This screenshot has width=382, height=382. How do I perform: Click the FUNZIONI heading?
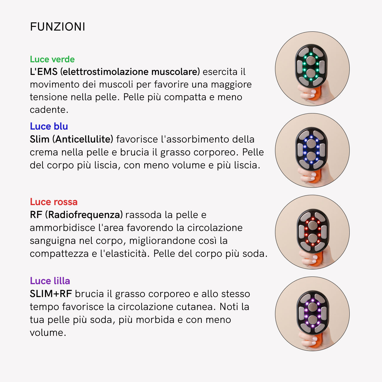[x=58, y=26]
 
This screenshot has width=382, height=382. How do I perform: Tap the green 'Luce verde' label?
[x=52, y=59]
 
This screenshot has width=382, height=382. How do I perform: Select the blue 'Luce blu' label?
[x=49, y=126]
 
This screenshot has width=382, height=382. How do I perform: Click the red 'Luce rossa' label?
[x=53, y=202]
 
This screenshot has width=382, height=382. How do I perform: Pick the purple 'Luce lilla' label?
[x=50, y=281]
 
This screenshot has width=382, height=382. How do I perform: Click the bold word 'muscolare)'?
[x=175, y=72]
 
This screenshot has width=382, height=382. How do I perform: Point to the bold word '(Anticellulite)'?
[x=83, y=139]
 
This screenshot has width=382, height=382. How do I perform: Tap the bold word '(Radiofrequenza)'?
[x=84, y=215]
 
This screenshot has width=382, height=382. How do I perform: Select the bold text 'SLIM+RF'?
[x=51, y=294]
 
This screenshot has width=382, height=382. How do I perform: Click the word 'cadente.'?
[x=49, y=110]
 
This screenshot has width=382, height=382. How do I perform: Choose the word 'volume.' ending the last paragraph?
[x=48, y=333]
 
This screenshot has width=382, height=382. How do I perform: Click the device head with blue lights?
[x=311, y=149]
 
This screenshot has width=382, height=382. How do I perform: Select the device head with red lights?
[x=313, y=231]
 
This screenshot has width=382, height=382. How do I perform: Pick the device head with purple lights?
[x=313, y=313]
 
